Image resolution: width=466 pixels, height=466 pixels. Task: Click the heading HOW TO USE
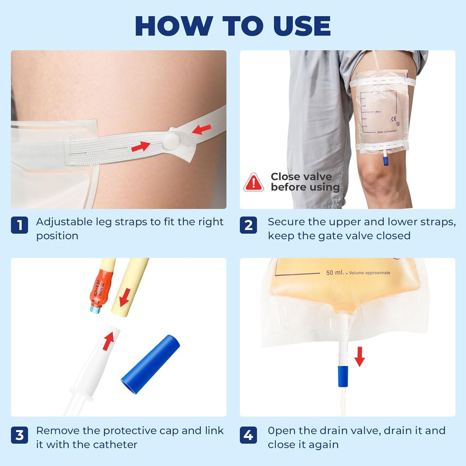[x=233, y=26]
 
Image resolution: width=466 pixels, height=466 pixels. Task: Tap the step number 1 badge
[x=19, y=225]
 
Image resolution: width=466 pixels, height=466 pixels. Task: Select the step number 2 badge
[x=248, y=225]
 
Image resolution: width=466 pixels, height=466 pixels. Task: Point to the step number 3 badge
[x=19, y=435]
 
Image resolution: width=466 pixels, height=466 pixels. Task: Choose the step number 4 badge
[x=248, y=435]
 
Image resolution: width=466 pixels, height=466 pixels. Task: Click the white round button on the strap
[x=171, y=141]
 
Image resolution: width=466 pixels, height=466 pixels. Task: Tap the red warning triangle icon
[x=253, y=183]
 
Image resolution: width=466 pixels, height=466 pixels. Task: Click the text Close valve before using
[x=305, y=182]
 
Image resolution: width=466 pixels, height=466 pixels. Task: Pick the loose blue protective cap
[x=150, y=364]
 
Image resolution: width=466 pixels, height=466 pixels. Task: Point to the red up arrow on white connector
[x=109, y=341]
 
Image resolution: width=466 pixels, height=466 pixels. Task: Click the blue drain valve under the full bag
[x=343, y=376]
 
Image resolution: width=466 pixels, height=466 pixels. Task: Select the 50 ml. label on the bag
[x=335, y=273]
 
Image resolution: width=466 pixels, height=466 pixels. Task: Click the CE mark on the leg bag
[x=394, y=119]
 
